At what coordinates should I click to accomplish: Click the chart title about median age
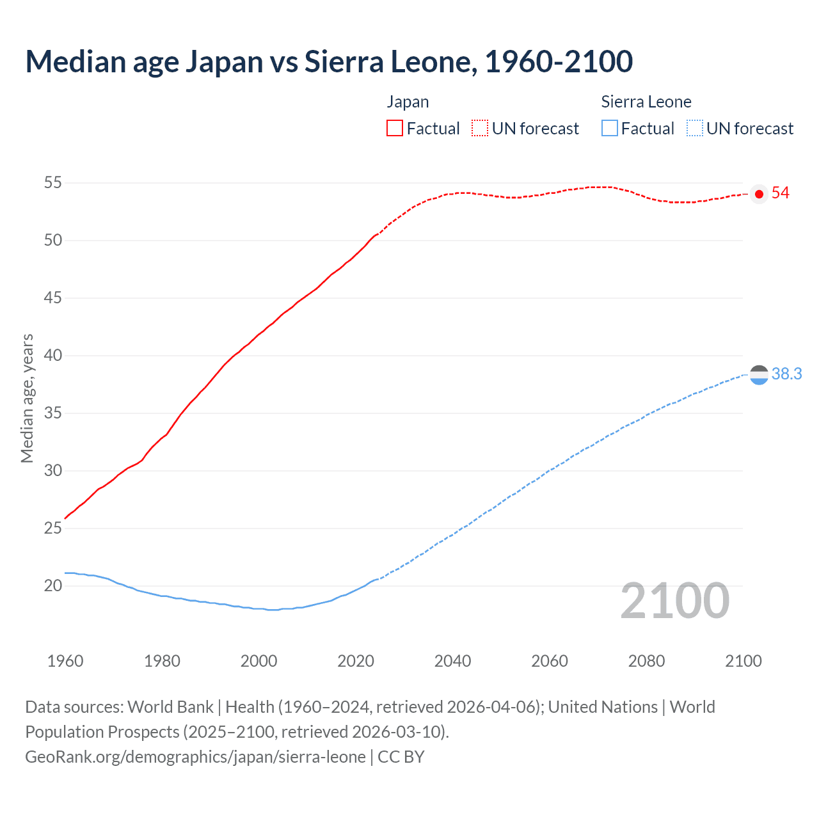click(x=329, y=61)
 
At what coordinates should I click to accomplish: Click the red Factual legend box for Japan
click(x=395, y=128)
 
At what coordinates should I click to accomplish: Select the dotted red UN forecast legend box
click(x=480, y=128)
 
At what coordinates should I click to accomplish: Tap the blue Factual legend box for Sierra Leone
click(x=609, y=128)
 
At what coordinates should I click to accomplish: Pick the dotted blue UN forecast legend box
click(x=694, y=128)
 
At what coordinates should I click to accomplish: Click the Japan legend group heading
click(x=408, y=102)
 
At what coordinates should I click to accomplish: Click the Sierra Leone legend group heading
click(x=646, y=102)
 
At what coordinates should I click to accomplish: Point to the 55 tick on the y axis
click(x=52, y=183)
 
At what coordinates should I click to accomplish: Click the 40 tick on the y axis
click(x=52, y=356)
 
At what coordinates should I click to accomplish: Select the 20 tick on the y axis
click(x=52, y=586)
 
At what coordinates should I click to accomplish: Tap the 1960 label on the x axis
click(x=65, y=661)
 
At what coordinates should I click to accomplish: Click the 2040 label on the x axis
click(x=452, y=661)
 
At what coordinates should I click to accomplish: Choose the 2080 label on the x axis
click(x=646, y=661)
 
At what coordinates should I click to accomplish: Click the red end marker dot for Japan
click(x=759, y=194)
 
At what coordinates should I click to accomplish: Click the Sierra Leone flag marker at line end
click(x=759, y=375)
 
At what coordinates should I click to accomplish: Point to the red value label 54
click(x=780, y=193)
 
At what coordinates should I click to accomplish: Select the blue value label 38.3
click(x=786, y=374)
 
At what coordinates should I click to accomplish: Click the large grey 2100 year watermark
click(x=674, y=601)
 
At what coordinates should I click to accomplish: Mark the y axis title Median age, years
click(x=27, y=398)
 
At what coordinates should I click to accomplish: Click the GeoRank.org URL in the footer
click(x=195, y=757)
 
